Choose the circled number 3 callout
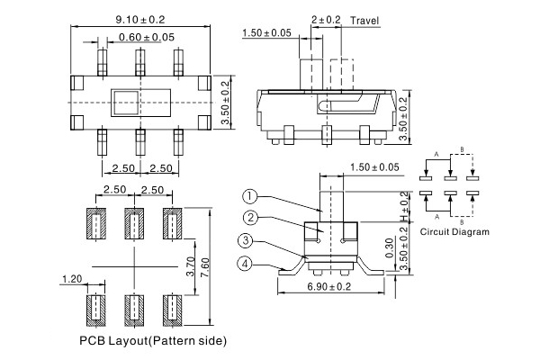[x=245, y=240]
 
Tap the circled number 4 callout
[x=245, y=264]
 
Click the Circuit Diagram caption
[x=454, y=232]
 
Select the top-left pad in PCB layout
[x=95, y=223]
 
